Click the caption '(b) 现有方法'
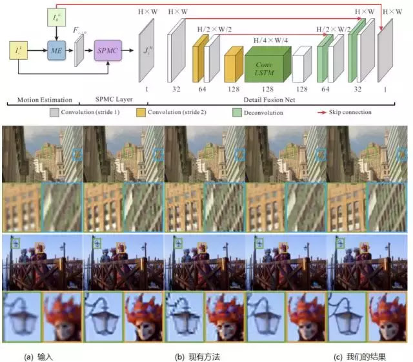(196, 356)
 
